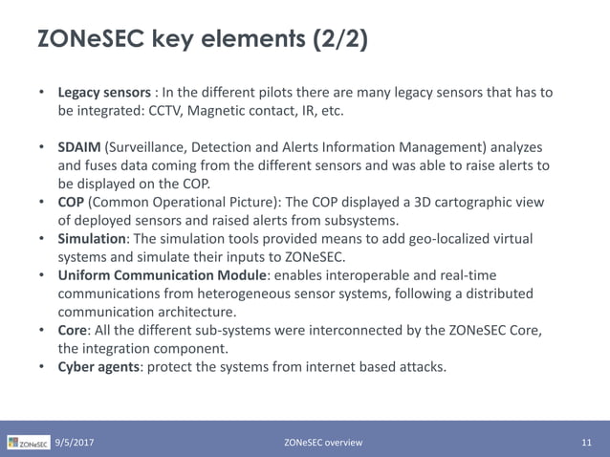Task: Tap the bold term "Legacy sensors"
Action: pos(103,93)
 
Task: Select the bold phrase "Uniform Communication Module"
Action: pos(161,274)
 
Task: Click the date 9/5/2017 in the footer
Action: pos(74,443)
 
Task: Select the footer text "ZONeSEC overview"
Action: pos(323,443)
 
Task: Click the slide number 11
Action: pos(587,443)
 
